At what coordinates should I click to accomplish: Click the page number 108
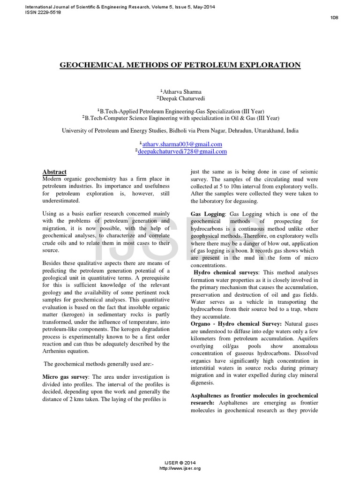click(x=334, y=18)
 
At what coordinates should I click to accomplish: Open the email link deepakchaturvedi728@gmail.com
click(x=182, y=151)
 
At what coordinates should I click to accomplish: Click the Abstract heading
click(x=54, y=172)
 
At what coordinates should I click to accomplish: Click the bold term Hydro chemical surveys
click(x=226, y=272)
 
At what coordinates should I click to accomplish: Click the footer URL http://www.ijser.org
click(x=180, y=468)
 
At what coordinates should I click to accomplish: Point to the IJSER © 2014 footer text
click(x=180, y=463)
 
